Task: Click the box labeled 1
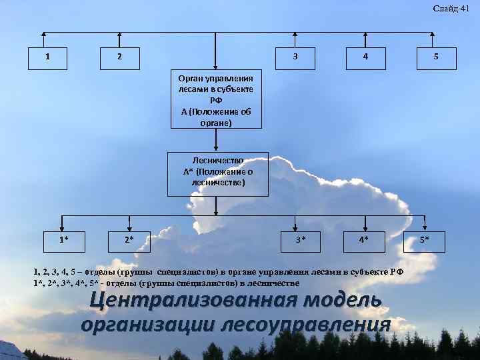pos(46,57)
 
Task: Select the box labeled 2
pos(119,57)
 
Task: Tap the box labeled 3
pos(295,57)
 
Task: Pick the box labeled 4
pos(365,57)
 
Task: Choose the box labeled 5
pos(435,57)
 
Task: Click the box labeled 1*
pos(63,238)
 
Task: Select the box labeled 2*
pos(129,238)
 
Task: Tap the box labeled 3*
pos(301,238)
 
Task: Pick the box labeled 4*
pos(363,238)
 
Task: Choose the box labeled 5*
pos(425,238)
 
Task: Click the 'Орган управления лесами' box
pos(216,98)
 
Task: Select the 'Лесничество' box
pos(217,173)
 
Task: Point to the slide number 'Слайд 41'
pos(451,8)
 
